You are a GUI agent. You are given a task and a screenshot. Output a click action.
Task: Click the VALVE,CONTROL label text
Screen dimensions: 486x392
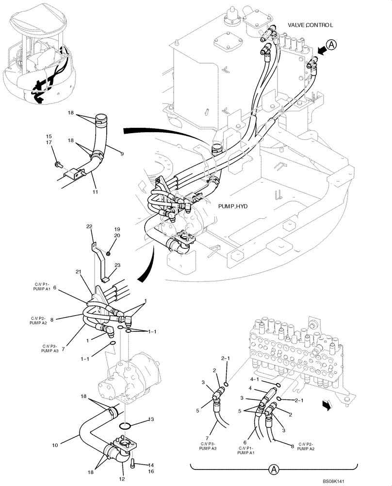(310, 25)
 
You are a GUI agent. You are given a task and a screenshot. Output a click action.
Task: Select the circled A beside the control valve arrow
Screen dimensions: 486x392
(331, 45)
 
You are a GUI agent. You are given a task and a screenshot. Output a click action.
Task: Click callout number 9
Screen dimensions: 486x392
(122, 154)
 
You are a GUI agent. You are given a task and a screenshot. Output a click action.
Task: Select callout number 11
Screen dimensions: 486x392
(96, 192)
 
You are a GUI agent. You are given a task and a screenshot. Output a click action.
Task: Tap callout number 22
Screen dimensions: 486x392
(89, 227)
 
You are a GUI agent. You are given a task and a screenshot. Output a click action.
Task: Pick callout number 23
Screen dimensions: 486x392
(117, 265)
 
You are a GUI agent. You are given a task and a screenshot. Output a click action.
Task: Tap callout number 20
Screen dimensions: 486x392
(117, 235)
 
